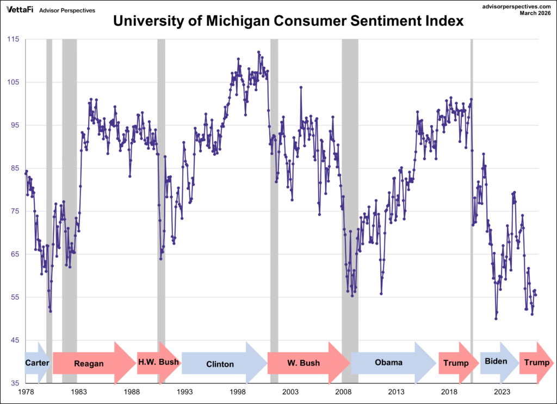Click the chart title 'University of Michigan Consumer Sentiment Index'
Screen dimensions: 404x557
point(288,22)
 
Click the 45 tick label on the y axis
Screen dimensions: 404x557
point(15,340)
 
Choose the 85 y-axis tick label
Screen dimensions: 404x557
point(15,168)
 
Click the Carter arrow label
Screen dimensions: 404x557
point(37,362)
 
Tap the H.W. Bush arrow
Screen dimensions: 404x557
point(158,362)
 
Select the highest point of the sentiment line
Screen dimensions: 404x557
point(258,52)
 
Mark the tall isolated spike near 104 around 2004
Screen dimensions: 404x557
point(301,87)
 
